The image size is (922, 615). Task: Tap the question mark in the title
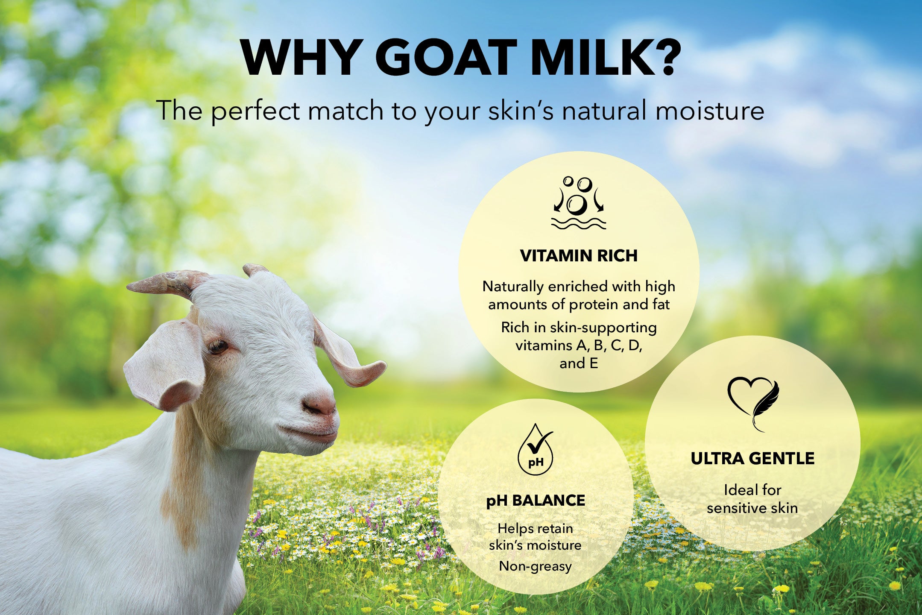point(661,58)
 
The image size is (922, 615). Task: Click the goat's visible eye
point(218,346)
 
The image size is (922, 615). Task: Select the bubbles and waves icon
point(578,203)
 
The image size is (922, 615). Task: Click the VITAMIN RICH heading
point(579,256)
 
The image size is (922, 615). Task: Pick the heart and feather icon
point(752,402)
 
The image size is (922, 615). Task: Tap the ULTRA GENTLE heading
point(752,459)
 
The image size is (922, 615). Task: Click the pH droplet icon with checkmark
point(536,450)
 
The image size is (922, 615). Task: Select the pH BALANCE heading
point(536,501)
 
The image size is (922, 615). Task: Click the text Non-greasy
point(535,566)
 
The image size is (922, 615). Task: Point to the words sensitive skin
point(752,508)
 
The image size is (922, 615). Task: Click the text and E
point(579,363)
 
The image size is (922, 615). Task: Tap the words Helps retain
point(535,529)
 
